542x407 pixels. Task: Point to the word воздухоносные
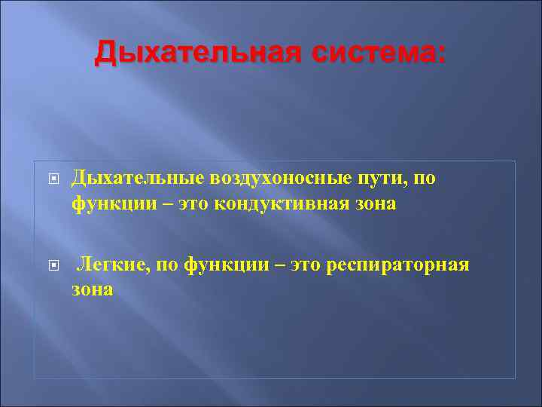[269, 178]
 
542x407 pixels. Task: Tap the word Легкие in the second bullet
[106, 265]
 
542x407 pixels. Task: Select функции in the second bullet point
[221, 265]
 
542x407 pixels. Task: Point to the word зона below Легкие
[93, 289]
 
